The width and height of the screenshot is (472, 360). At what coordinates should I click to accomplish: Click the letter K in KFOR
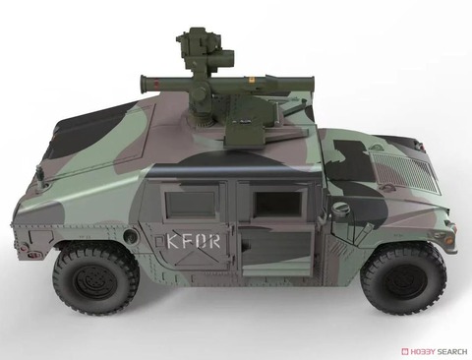coord(173,241)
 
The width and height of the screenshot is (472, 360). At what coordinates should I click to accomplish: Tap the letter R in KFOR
coord(213,241)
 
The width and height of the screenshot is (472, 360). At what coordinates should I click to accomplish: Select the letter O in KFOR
coord(201,241)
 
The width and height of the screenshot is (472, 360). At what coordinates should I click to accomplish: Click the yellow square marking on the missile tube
coord(252,80)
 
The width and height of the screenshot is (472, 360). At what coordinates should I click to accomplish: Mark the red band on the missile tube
coord(157,82)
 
